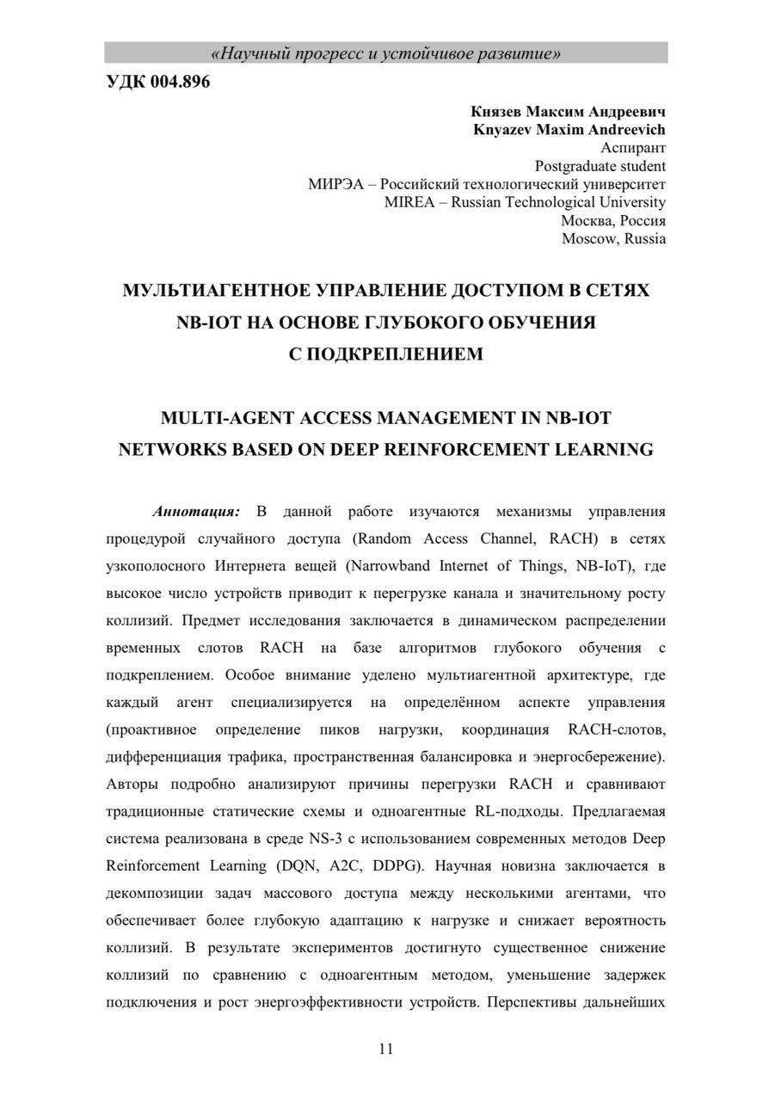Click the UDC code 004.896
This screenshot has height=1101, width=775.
coord(157,83)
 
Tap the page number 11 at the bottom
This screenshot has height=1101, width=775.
coord(385,1048)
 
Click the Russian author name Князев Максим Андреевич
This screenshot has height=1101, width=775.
coord(568,112)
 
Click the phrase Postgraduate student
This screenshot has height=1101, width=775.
coord(600,166)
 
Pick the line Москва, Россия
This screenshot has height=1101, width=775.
coord(612,220)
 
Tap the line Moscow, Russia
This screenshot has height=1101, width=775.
coord(613,238)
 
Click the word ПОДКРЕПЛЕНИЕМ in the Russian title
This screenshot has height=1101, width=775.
coord(385,354)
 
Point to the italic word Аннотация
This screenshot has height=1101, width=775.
coord(196,512)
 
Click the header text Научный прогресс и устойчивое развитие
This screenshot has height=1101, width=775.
coord(386,54)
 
